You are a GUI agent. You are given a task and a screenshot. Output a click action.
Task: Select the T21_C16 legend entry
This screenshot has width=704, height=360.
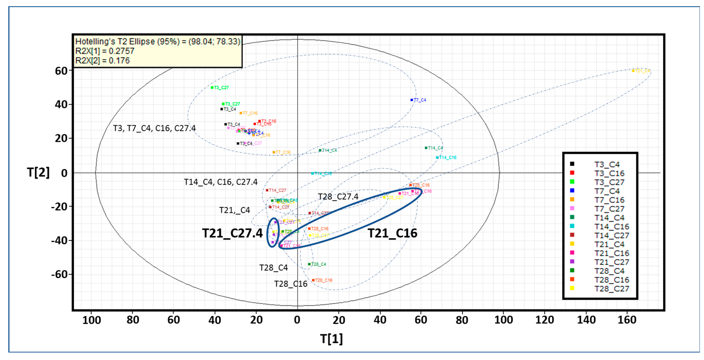point(612,253)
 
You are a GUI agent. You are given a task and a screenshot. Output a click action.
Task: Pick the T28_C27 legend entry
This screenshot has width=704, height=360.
point(612,289)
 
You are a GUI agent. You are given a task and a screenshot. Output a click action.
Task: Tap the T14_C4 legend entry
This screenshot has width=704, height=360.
point(609,218)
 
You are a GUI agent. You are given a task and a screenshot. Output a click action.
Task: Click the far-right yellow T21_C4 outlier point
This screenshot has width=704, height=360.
point(633,71)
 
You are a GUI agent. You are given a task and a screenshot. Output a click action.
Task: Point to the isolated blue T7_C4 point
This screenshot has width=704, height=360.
point(412,100)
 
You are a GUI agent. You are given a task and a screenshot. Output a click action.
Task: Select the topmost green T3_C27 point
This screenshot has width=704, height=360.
point(212,88)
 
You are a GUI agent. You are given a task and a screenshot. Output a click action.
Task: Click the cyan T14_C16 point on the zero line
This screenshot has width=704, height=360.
point(312,173)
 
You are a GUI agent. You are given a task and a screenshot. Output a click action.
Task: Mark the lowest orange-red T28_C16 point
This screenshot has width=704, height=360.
point(313,280)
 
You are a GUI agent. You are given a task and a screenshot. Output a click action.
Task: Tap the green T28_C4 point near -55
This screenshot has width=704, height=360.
point(309,264)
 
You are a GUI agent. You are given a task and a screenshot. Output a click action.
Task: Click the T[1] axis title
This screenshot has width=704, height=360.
point(331,339)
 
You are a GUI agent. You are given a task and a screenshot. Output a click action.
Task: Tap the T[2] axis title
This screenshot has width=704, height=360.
point(38,173)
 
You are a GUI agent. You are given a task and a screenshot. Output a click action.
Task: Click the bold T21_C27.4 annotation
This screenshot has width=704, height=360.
point(232,233)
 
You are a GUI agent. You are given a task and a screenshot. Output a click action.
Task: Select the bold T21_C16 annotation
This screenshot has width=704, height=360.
point(392,233)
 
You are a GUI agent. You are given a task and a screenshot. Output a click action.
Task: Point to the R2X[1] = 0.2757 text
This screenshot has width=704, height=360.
point(105,51)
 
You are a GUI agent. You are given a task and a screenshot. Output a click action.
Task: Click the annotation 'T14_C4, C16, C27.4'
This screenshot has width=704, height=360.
point(221,182)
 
